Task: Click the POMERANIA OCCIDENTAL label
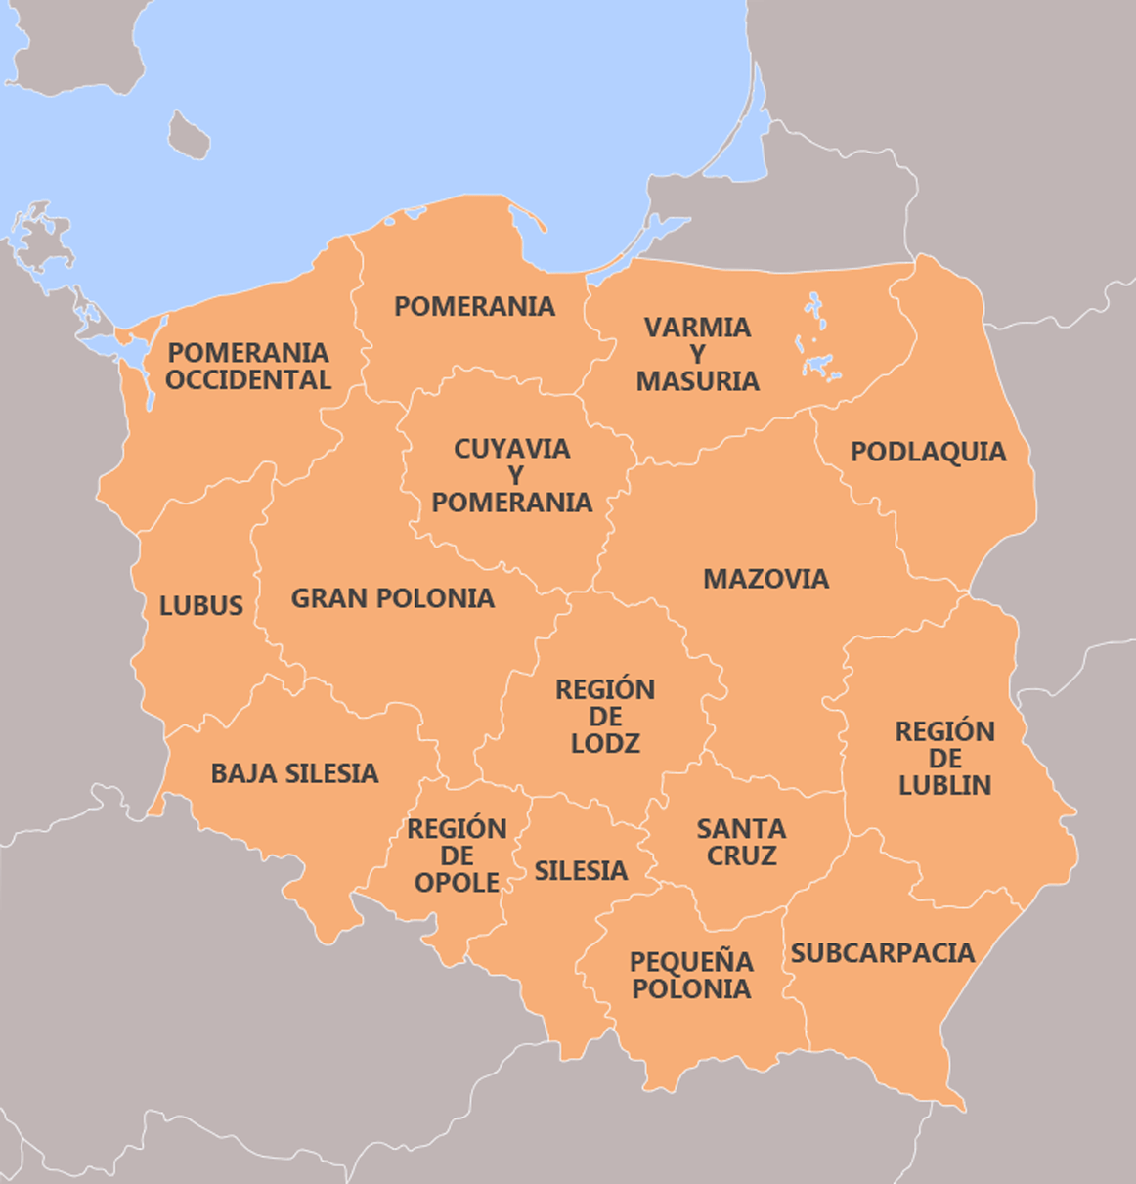[x=247, y=366]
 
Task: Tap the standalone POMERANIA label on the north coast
[x=474, y=306]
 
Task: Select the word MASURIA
[x=697, y=381]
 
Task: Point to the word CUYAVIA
[x=511, y=449]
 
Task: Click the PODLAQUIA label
[x=928, y=452]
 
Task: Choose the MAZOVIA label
[x=765, y=579]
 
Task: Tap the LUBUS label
[x=200, y=606]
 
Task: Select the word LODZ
[x=605, y=744]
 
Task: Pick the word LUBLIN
[x=944, y=785]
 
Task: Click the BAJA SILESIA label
[x=294, y=773]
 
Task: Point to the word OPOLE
[x=457, y=883]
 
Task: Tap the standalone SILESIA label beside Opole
[x=581, y=871]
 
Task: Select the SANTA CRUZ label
[x=741, y=842]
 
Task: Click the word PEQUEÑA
[x=691, y=962]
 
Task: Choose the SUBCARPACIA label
[x=882, y=953]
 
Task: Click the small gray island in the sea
[x=188, y=135]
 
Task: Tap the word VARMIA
[x=697, y=328]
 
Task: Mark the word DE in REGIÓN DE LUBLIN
[x=944, y=759]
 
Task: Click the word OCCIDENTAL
[x=247, y=380]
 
